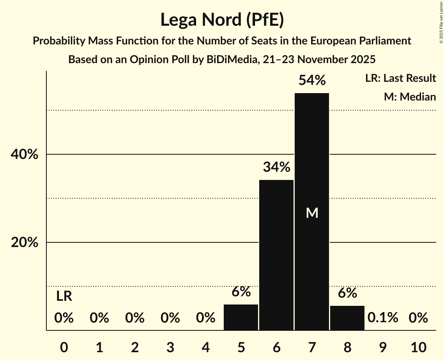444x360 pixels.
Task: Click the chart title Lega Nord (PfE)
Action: click(x=222, y=19)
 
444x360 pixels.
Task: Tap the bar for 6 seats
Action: click(x=276, y=255)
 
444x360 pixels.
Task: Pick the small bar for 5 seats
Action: click(x=241, y=317)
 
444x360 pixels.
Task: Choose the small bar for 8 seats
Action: click(x=347, y=318)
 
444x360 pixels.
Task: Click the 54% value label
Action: click(x=312, y=81)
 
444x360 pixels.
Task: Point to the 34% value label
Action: click(x=276, y=168)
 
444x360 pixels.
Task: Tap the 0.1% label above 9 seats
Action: click(x=383, y=318)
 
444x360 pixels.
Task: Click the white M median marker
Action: click(x=312, y=213)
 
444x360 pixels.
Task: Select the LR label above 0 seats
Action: click(x=64, y=296)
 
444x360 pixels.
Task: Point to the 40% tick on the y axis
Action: click(x=24, y=155)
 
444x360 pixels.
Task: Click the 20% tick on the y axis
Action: click(x=24, y=243)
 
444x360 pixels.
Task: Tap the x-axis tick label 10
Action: click(x=418, y=347)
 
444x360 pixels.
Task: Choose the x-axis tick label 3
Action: click(x=170, y=347)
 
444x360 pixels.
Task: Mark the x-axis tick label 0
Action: click(x=64, y=347)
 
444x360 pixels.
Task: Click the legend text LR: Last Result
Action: click(x=400, y=78)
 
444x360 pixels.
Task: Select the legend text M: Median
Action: click(x=410, y=97)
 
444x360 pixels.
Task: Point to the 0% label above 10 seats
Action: click(x=418, y=318)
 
